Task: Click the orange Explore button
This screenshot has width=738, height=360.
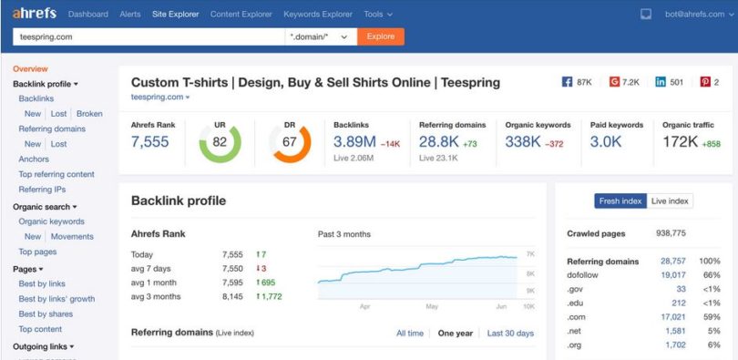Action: point(381,36)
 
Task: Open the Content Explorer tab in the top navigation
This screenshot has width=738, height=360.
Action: point(241,15)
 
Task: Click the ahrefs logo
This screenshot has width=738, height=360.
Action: point(35,14)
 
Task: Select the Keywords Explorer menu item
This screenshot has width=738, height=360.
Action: point(318,15)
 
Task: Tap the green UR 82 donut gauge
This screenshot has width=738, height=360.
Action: point(220,142)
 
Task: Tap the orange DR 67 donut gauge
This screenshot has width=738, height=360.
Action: point(290,142)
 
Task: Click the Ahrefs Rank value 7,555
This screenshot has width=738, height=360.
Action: point(150,141)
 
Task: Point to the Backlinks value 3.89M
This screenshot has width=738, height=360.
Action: point(354,141)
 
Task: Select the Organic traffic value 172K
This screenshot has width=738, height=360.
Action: point(681,141)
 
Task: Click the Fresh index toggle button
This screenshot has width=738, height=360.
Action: point(620,201)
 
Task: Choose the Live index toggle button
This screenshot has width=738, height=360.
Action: point(670,201)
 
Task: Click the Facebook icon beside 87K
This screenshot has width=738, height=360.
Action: point(567,82)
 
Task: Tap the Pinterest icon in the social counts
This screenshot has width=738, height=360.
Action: point(704,82)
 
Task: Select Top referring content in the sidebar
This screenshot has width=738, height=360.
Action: point(56,174)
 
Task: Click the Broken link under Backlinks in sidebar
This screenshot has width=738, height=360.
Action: point(89,114)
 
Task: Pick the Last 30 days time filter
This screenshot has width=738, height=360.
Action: point(510,334)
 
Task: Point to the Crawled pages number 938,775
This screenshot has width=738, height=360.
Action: point(671,233)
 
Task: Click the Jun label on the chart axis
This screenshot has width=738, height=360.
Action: point(501,307)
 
